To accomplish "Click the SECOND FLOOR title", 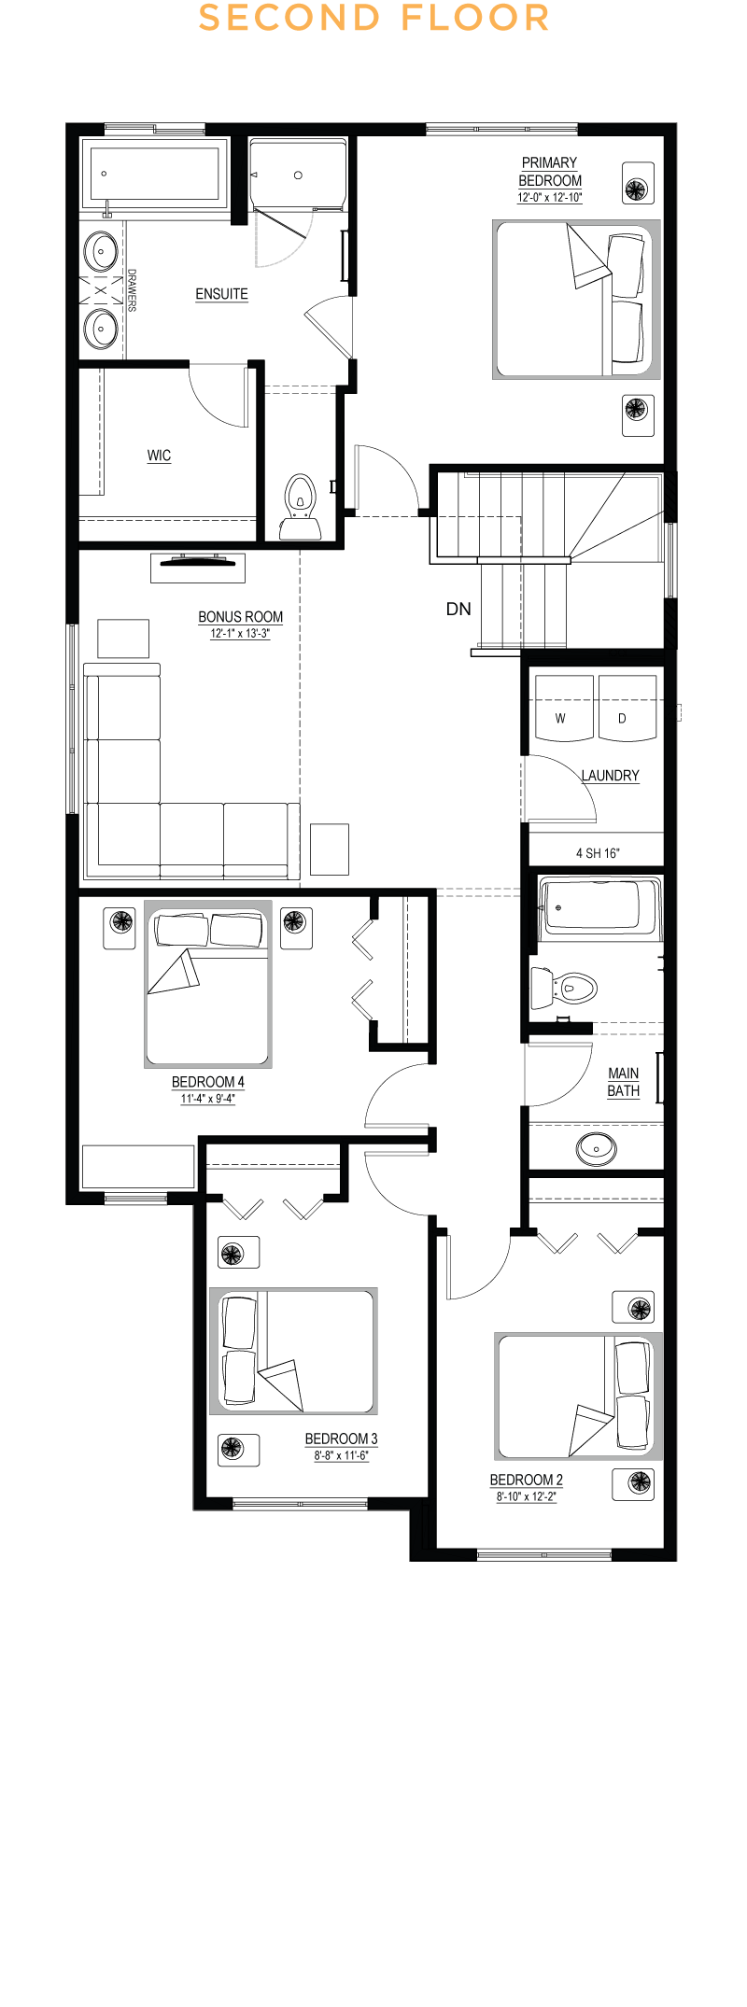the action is click(x=373, y=18).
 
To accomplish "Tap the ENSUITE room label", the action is click(x=221, y=294).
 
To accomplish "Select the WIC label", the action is click(x=159, y=456).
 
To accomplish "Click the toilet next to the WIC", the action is click(x=300, y=508).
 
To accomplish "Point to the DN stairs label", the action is click(x=458, y=609).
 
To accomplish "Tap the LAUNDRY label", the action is click(x=611, y=776).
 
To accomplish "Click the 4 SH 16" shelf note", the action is click(x=598, y=853).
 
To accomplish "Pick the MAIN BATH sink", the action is click(x=596, y=1147).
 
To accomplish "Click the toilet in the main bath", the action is click(x=564, y=988).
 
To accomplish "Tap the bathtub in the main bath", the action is click(x=599, y=907).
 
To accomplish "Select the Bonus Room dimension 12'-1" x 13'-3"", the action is click(x=240, y=634).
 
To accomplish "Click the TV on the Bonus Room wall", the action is click(x=198, y=561).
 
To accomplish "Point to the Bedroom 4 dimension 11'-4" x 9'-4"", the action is click(x=207, y=1099).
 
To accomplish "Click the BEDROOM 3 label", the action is click(x=341, y=1439).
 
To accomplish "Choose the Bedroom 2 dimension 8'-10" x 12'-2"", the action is click(x=527, y=1496).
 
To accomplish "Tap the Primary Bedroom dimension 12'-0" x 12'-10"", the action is click(x=550, y=198).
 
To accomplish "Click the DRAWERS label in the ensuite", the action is click(x=132, y=290).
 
